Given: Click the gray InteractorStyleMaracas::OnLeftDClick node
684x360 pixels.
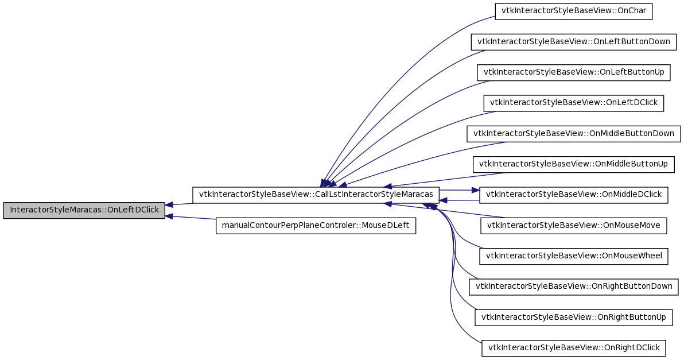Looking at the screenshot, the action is [x=84, y=210].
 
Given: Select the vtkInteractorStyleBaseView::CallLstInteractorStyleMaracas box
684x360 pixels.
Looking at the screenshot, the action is [x=316, y=195].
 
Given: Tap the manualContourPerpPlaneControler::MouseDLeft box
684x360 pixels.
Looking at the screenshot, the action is [x=316, y=226].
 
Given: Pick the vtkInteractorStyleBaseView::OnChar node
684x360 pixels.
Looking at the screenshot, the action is [x=574, y=11].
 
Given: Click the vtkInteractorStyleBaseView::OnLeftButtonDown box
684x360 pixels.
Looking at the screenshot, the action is [x=574, y=42].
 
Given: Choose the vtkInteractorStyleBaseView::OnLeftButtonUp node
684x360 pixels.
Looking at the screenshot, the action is [x=574, y=72].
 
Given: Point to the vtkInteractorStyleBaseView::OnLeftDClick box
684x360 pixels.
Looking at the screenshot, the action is [x=574, y=103].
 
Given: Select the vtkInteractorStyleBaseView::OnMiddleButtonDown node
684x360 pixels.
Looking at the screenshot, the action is [x=574, y=134].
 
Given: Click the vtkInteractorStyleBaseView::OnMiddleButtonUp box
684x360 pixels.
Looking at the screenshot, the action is [x=574, y=164].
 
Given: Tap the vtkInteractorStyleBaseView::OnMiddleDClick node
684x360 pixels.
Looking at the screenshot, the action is [x=574, y=195].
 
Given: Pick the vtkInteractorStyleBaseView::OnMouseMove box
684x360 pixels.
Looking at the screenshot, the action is [x=574, y=226].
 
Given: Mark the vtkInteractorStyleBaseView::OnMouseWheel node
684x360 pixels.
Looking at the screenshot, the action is [x=574, y=256].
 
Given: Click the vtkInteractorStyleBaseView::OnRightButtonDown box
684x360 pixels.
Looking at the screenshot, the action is [x=574, y=287].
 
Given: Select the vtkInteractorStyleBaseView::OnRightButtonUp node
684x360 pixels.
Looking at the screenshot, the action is [x=574, y=318].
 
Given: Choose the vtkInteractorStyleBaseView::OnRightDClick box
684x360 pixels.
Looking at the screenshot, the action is [x=574, y=348].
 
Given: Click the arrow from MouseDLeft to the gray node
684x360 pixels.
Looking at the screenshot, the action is [x=191, y=218].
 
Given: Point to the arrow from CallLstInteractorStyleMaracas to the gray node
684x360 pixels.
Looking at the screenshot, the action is [x=179, y=204].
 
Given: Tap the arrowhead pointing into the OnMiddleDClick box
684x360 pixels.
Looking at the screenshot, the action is [x=476, y=191].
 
